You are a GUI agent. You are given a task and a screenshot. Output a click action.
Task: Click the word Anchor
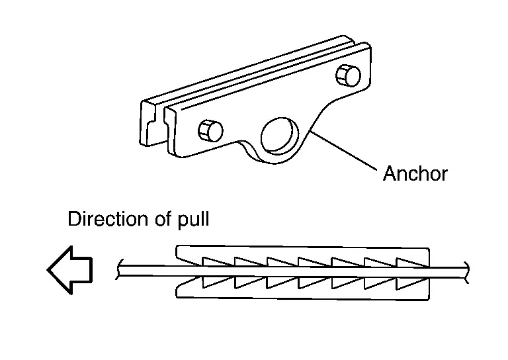(x=415, y=174)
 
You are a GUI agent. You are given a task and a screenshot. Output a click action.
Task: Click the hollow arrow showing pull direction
(x=69, y=269)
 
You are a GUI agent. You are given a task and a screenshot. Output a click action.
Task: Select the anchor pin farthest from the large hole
(x=349, y=75)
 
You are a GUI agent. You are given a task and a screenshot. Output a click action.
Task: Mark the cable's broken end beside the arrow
(x=119, y=269)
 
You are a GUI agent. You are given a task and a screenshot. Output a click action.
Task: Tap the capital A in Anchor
(x=390, y=174)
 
